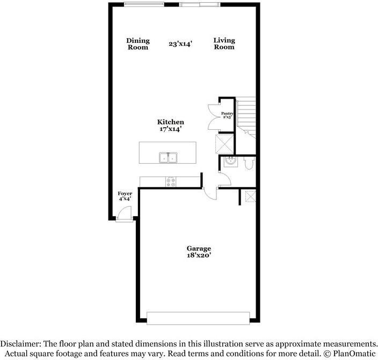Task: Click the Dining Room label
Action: point(137,43)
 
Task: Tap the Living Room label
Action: point(224,43)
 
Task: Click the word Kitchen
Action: point(170,122)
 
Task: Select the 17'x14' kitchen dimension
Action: point(170,129)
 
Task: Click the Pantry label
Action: point(227,113)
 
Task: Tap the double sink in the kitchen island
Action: point(168,158)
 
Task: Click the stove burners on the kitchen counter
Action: point(171,182)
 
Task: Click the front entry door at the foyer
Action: point(123,215)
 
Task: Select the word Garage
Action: point(199,248)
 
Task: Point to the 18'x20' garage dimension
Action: point(199,256)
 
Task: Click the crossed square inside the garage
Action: point(249,196)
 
